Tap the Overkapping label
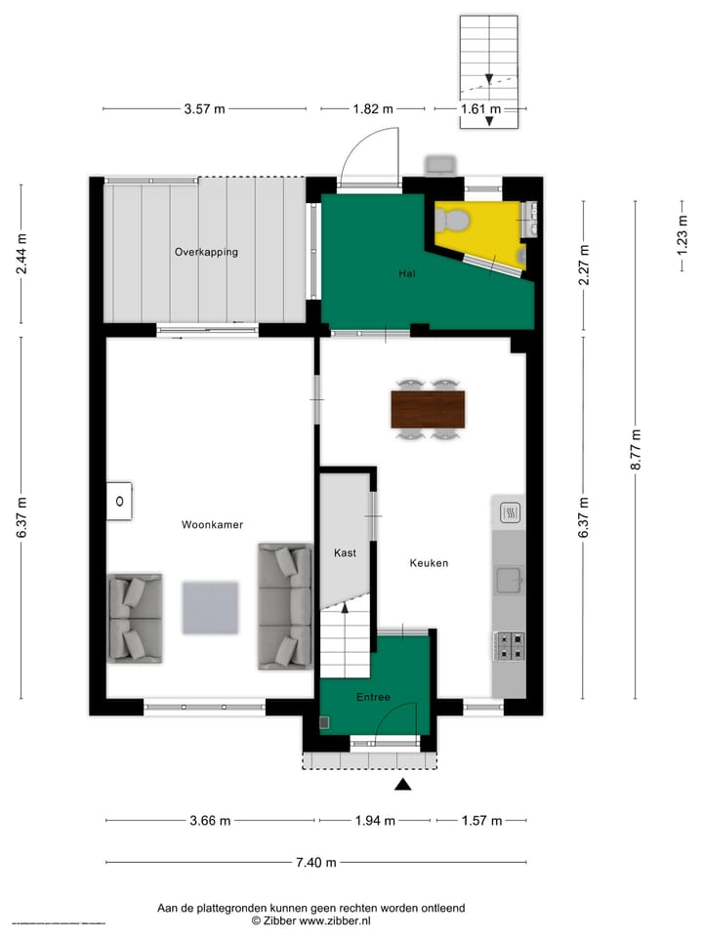click(x=206, y=252)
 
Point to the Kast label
click(x=345, y=552)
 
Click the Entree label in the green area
click(x=373, y=697)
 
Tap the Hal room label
click(x=407, y=274)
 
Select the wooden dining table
click(x=428, y=409)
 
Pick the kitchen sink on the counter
click(x=509, y=581)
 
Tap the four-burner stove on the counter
click(x=509, y=645)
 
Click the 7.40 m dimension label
click(x=315, y=862)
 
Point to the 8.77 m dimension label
click(x=637, y=451)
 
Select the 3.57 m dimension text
click(x=204, y=109)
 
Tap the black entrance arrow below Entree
click(x=403, y=784)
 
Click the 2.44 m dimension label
click(x=21, y=253)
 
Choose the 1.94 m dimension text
click(x=374, y=821)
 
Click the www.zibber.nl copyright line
click(x=310, y=920)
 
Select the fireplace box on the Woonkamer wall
click(x=119, y=502)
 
